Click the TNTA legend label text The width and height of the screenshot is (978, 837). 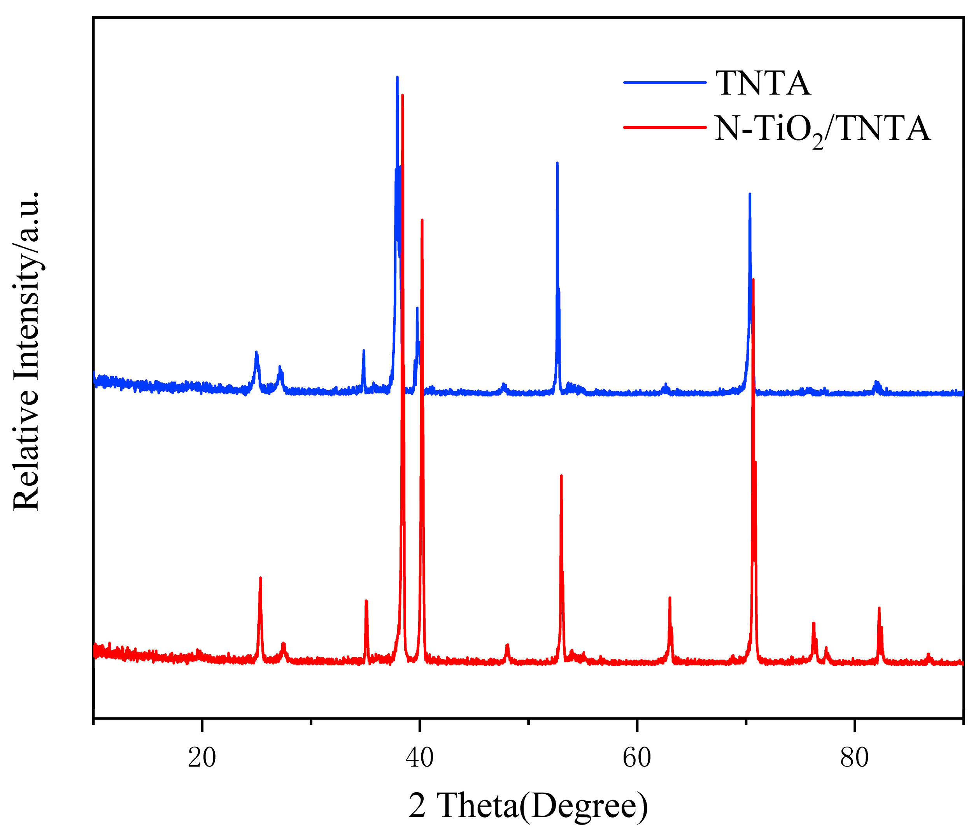pos(763,84)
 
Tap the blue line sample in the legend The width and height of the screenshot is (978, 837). pos(664,82)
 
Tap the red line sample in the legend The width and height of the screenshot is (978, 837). pos(664,126)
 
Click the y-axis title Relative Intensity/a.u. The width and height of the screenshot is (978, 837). pos(26,350)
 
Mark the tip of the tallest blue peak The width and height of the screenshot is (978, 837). pos(398,77)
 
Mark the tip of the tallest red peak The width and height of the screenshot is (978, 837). pos(402,95)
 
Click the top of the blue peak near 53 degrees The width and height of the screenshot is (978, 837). pos(557,163)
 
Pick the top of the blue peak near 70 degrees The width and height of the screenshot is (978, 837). pos(750,194)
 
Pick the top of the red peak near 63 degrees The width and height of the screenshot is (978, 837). pos(670,598)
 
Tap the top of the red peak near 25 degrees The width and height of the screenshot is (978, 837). pos(260,578)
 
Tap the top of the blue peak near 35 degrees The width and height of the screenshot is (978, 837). pos(363,350)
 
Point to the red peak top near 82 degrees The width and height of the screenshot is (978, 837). pos(879,608)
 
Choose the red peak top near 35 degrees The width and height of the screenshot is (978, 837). pos(366,600)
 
